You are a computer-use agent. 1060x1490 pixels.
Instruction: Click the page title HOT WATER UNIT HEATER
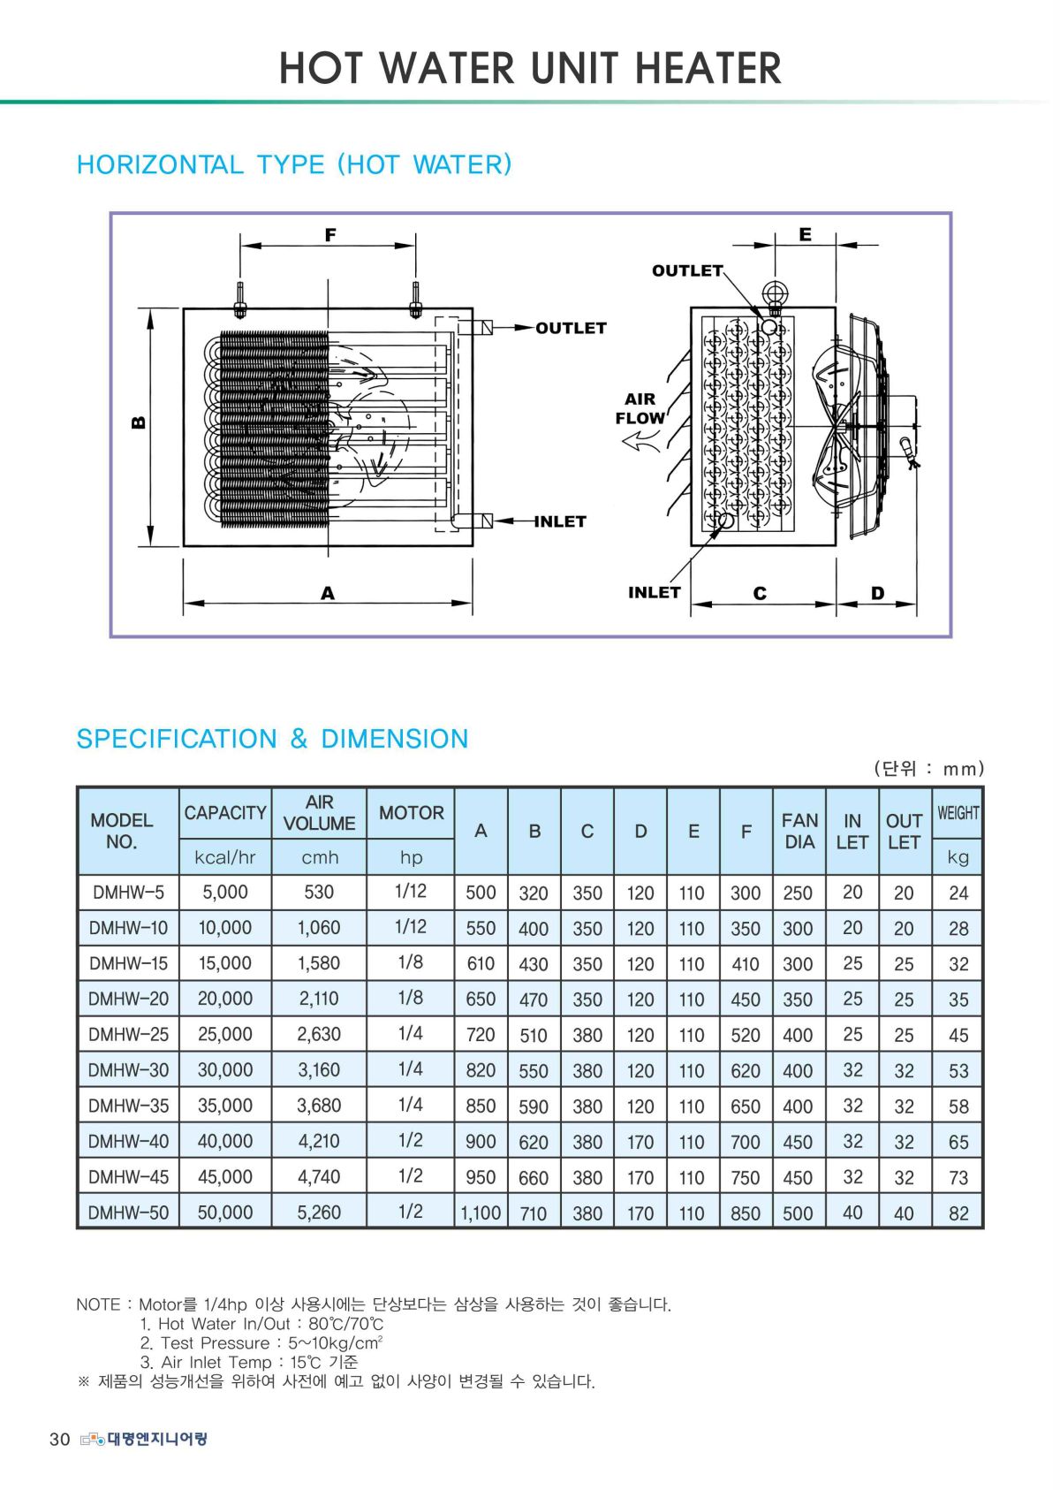coord(530,68)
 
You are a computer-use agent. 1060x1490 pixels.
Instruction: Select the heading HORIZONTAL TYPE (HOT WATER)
coord(294,164)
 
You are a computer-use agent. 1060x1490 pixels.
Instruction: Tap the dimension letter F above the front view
coord(329,235)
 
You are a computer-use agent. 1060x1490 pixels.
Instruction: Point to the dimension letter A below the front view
coord(328,593)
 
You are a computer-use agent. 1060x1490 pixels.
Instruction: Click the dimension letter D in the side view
coord(877,593)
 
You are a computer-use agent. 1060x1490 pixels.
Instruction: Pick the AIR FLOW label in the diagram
coord(640,408)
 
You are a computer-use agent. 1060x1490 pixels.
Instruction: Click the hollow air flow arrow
coord(641,440)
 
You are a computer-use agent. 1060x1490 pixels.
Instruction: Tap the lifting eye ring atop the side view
coord(775,293)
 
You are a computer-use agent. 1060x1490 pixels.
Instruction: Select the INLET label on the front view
coord(560,521)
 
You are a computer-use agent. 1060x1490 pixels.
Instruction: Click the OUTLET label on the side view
coord(687,270)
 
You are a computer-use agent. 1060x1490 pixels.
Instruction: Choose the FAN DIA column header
coord(799,831)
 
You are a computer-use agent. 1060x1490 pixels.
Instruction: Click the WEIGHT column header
coord(958,812)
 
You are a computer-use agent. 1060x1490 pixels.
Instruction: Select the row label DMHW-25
coord(128,1034)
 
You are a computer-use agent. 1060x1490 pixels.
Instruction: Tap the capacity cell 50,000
coord(225,1213)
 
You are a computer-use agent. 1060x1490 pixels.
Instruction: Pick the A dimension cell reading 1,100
coord(481,1213)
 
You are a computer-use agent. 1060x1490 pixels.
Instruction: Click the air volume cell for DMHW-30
coord(319,1070)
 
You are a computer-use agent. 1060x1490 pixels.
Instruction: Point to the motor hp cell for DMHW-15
coord(411,962)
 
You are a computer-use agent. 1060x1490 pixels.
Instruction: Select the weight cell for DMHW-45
coord(958,1177)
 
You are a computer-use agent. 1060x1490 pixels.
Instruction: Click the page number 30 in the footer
coord(59,1440)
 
